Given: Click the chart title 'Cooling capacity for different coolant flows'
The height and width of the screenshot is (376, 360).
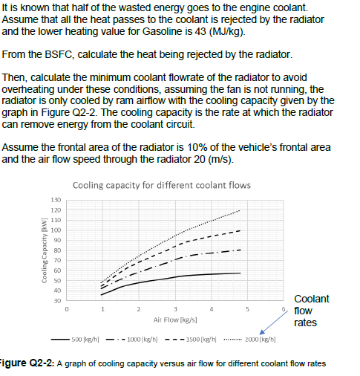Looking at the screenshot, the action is [x=163, y=185].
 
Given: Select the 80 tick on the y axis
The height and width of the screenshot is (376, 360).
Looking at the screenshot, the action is [x=56, y=250].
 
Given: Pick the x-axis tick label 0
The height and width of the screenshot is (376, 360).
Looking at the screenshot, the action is [x=66, y=308].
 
